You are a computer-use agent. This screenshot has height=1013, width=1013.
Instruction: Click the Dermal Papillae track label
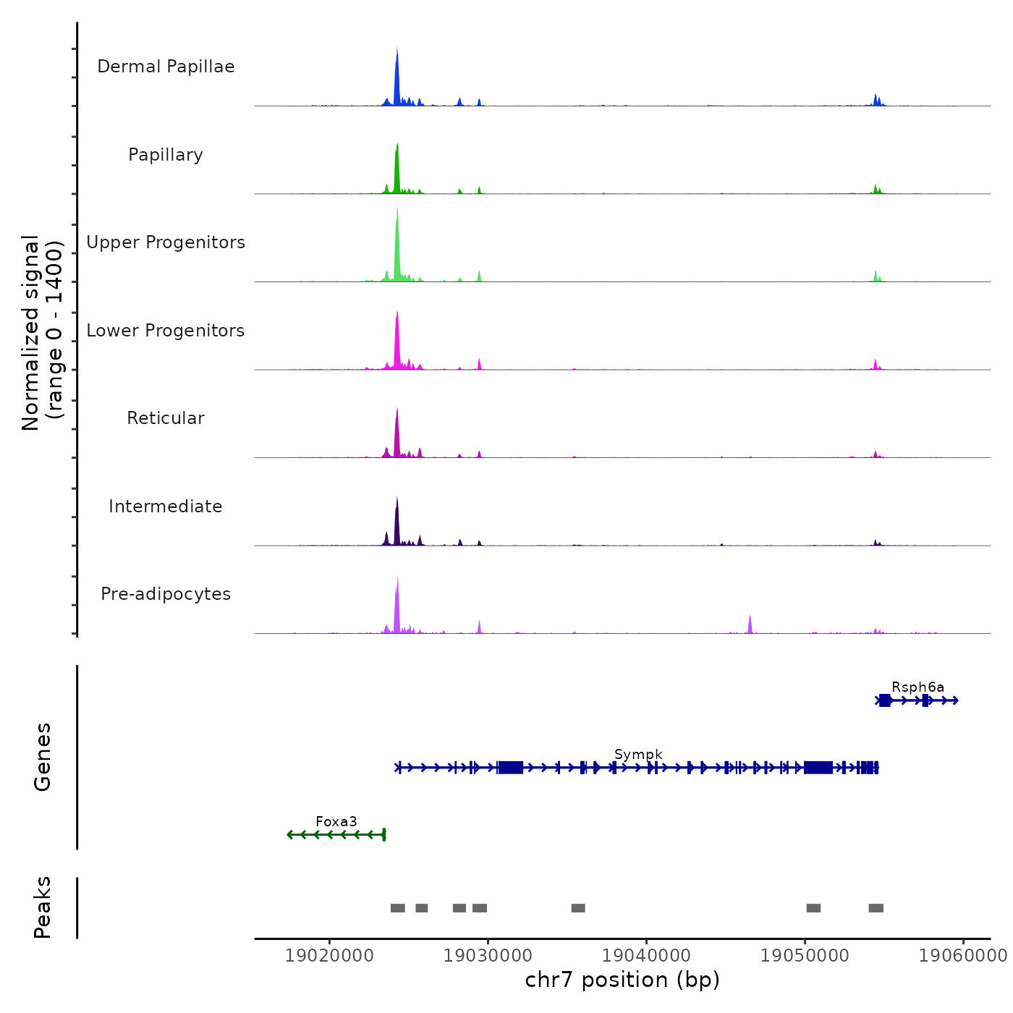pyautogui.click(x=166, y=67)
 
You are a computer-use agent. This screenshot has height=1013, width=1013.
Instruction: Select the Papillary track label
pyautogui.click(x=166, y=155)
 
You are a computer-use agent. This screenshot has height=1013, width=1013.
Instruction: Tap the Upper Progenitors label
pyautogui.click(x=166, y=242)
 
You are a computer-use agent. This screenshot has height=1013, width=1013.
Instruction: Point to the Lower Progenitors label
pyautogui.click(x=166, y=331)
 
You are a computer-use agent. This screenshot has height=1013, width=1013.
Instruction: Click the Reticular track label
pyautogui.click(x=166, y=418)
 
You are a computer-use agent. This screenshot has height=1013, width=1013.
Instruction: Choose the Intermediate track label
pyautogui.click(x=166, y=506)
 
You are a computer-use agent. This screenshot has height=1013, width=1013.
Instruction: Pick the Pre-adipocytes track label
pyautogui.click(x=166, y=594)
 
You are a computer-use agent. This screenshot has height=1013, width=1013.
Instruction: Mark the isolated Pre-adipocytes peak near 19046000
pyautogui.click(x=750, y=624)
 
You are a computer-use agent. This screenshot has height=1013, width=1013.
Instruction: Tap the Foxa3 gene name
pyautogui.click(x=336, y=822)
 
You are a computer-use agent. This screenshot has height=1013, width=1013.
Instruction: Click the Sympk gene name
pyautogui.click(x=638, y=755)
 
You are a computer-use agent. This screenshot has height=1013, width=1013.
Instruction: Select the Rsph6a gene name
pyautogui.click(x=917, y=687)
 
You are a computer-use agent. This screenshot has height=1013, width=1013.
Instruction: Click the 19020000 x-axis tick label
pyautogui.click(x=330, y=956)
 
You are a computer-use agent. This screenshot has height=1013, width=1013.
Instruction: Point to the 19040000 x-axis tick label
pyautogui.click(x=647, y=956)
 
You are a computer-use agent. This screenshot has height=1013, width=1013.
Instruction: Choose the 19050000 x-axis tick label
pyautogui.click(x=805, y=956)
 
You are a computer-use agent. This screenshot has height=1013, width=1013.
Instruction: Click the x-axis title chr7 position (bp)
pyautogui.click(x=622, y=980)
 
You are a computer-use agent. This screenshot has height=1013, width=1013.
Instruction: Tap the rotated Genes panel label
pyautogui.click(x=43, y=757)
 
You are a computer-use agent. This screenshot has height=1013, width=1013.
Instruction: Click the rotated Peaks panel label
pyautogui.click(x=43, y=907)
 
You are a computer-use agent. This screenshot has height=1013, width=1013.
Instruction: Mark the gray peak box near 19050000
pyautogui.click(x=813, y=908)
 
